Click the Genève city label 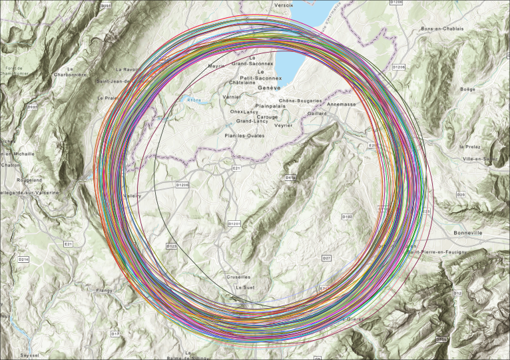[x=270, y=88]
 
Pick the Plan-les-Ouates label [x=244, y=135]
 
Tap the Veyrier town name [x=283, y=125]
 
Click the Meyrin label [x=216, y=66]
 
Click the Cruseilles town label [x=238, y=277]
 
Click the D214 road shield [x=23, y=260]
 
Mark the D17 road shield [x=115, y=333]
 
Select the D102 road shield [x=346, y=217]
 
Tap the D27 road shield [x=326, y=258]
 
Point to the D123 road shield [x=171, y=246]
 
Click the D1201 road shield [x=234, y=224]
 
